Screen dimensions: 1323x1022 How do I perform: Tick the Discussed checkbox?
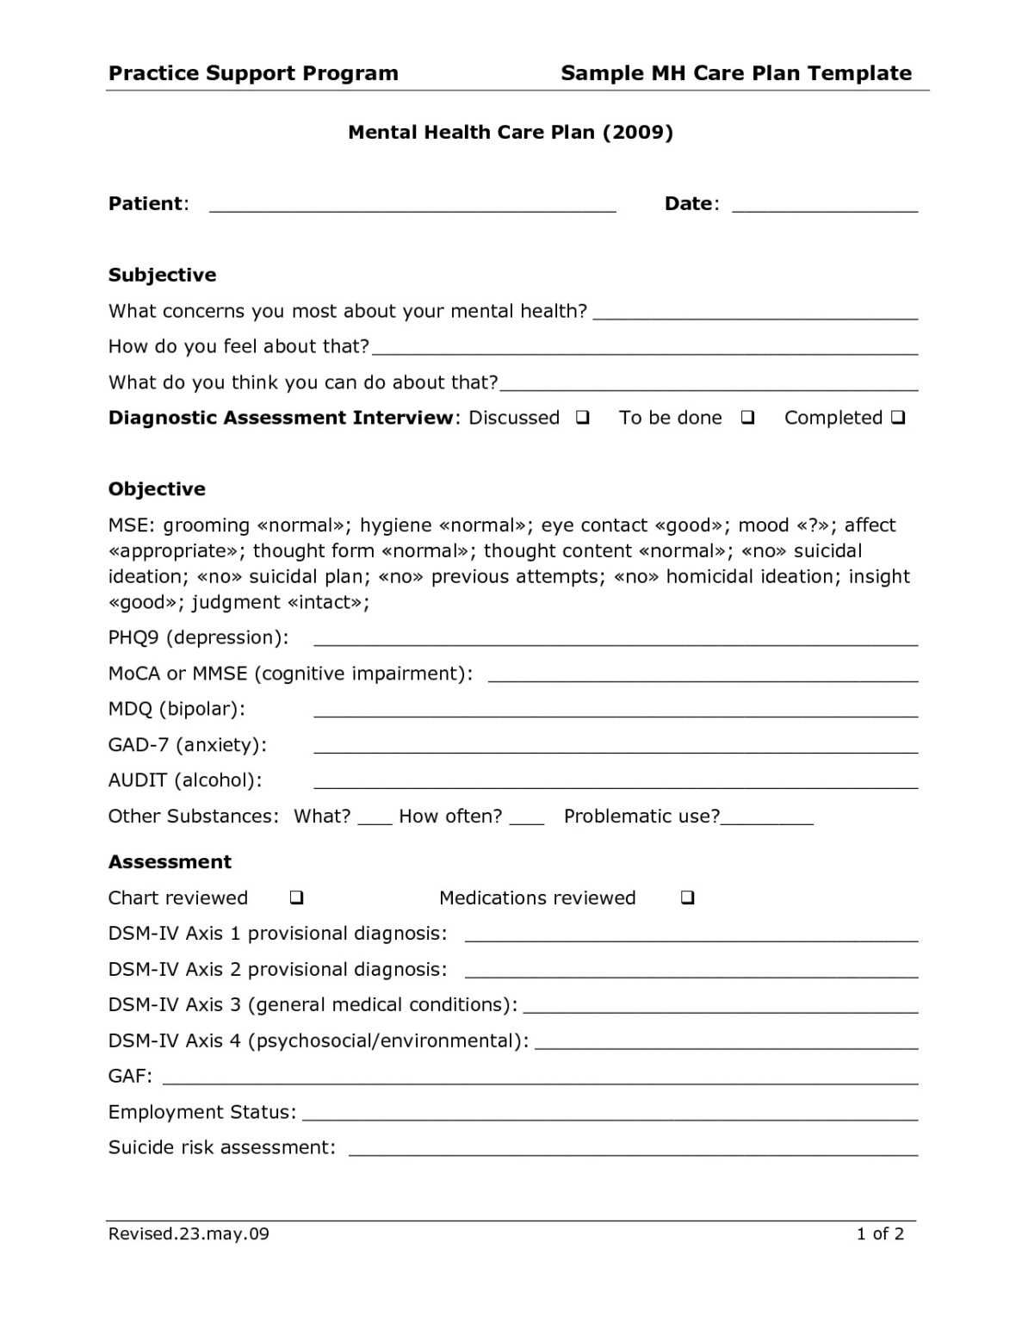click(583, 418)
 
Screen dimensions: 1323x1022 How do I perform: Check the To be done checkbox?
click(747, 418)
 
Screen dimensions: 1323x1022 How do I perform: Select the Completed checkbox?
click(898, 418)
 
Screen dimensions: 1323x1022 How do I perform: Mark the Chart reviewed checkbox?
click(296, 898)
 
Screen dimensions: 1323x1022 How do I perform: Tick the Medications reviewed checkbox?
click(687, 898)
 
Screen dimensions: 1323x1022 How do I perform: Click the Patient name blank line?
click(412, 207)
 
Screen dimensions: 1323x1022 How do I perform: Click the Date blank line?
click(824, 207)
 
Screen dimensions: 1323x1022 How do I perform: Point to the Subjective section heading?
click(162, 275)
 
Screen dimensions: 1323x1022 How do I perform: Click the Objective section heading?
click(157, 489)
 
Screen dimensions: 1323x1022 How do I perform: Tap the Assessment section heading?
click(170, 862)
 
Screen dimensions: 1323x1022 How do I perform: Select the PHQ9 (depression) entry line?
click(616, 641)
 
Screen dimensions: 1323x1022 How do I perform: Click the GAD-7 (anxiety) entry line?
click(616, 748)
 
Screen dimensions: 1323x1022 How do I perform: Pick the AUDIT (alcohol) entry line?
click(616, 784)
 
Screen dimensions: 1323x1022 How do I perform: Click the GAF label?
click(130, 1076)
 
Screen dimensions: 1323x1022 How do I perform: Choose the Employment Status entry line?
click(610, 1115)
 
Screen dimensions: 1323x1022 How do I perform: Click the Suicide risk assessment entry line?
click(633, 1151)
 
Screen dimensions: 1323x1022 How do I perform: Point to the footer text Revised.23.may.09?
click(189, 1233)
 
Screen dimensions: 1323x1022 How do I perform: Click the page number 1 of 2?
click(880, 1233)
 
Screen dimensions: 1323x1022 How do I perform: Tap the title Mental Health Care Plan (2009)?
click(511, 132)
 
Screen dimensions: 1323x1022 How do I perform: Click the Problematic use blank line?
click(767, 821)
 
